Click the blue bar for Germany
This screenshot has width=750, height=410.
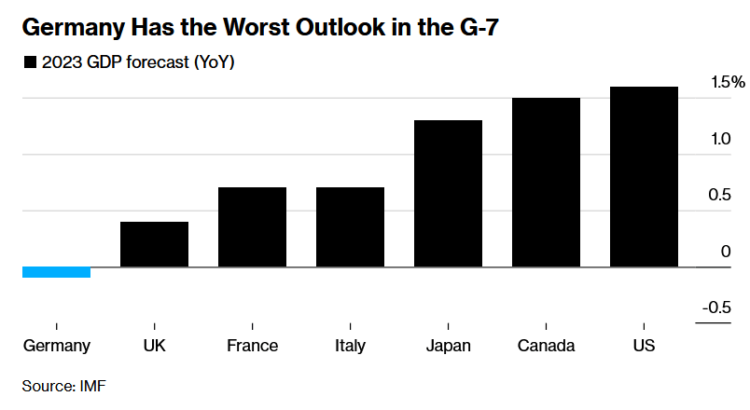pyautogui.click(x=56, y=272)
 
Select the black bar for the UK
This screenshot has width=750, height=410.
pyautogui.click(x=154, y=244)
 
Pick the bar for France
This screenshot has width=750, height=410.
pyautogui.click(x=252, y=227)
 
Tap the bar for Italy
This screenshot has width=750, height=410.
pyautogui.click(x=350, y=227)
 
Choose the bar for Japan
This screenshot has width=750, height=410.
pyautogui.click(x=448, y=194)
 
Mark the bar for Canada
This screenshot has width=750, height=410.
pyautogui.click(x=546, y=183)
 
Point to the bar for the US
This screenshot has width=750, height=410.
pyautogui.click(x=644, y=177)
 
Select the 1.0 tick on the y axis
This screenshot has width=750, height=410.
pyautogui.click(x=719, y=139)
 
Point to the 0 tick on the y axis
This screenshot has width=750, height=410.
pyautogui.click(x=726, y=252)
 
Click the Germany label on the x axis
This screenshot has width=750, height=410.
pyautogui.click(x=56, y=346)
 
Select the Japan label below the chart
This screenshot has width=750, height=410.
pyautogui.click(x=448, y=346)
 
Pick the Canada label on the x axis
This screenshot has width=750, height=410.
pyautogui.click(x=546, y=346)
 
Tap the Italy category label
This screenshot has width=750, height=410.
pyautogui.click(x=350, y=346)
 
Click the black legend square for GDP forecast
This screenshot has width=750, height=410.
pyautogui.click(x=29, y=63)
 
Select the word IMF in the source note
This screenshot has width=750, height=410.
pyautogui.click(x=93, y=385)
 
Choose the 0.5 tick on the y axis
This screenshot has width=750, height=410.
pyautogui.click(x=719, y=195)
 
